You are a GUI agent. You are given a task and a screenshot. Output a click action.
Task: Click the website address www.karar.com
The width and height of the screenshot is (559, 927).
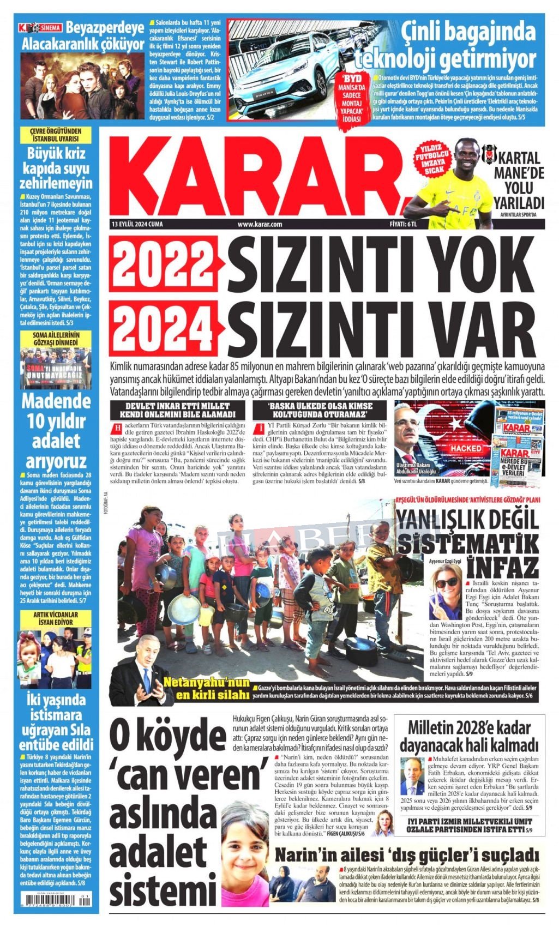pos(260,224)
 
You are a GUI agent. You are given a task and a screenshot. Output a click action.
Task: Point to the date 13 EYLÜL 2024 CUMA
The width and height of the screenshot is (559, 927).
pos(136,224)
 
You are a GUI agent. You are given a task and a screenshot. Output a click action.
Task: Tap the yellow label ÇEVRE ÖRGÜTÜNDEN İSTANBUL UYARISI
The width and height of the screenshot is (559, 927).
pos(55,135)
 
